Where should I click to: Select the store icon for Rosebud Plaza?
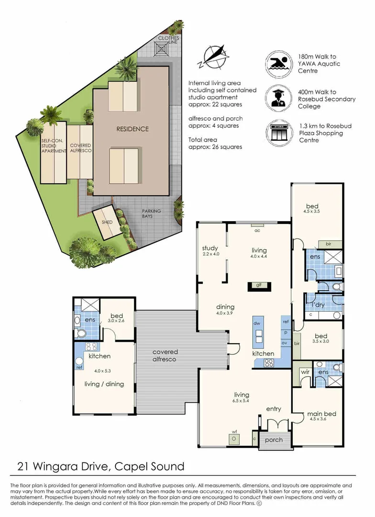point(279,133)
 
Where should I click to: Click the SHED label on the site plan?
point(107,223)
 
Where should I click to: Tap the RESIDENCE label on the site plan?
point(132,129)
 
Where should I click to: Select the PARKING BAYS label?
point(151,214)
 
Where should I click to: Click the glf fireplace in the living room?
point(259,286)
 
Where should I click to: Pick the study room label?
point(210,248)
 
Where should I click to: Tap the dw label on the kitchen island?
point(256,324)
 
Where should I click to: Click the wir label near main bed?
point(305,371)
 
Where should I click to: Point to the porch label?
point(274,439)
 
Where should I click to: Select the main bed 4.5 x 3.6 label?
point(321,416)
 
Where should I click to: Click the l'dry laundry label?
point(319,304)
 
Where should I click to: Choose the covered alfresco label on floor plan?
point(165,355)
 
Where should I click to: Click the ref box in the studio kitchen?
point(78,368)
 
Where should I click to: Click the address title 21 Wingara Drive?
point(100,466)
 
